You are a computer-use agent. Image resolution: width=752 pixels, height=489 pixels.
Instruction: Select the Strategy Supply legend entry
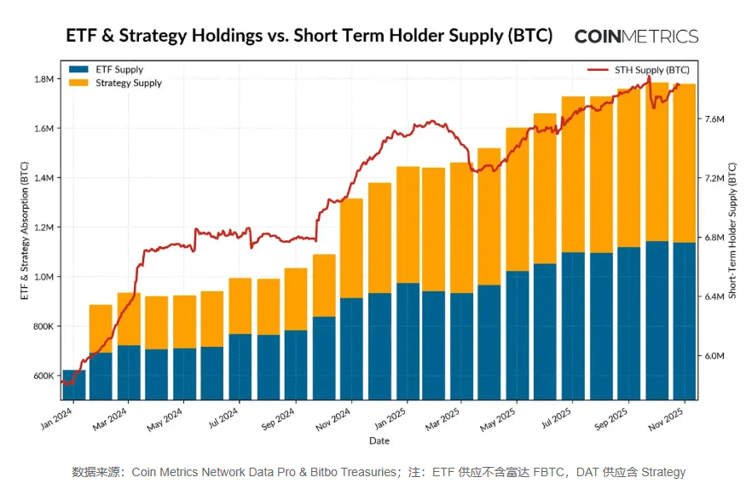tap(128, 83)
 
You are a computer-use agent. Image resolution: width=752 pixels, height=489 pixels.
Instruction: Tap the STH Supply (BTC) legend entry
tap(651, 70)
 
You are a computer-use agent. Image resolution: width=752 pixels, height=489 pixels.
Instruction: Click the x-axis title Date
tap(379, 440)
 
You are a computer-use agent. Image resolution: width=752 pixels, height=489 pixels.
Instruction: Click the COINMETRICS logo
tap(636, 37)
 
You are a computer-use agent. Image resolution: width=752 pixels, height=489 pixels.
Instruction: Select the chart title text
tap(309, 36)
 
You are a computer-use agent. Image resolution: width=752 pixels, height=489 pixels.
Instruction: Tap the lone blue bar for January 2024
tap(74, 384)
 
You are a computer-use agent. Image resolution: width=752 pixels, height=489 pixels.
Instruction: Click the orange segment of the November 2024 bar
tap(351, 248)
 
